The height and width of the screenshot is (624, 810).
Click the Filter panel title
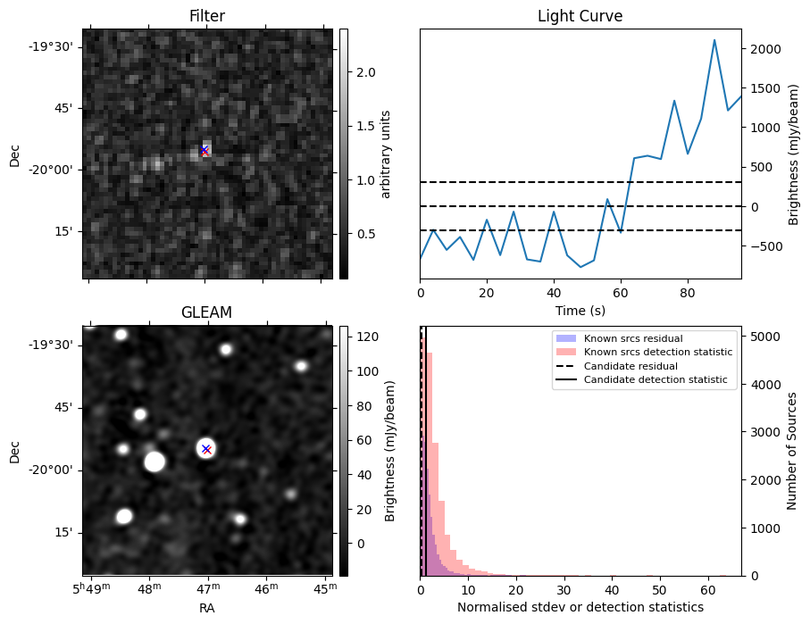point(207,16)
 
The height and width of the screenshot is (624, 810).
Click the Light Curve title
point(580,16)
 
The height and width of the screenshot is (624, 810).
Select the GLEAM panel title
point(206,312)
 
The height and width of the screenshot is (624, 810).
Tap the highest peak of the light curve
point(714,40)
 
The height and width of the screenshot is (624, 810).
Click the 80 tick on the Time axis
point(688,294)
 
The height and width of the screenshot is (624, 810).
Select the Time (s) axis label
point(580,311)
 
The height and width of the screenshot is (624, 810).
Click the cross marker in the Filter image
point(205,150)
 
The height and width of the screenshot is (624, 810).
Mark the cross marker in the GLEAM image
point(206,449)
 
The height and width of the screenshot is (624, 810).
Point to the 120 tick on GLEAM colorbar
point(368,337)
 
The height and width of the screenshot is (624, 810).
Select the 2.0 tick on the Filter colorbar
point(366,72)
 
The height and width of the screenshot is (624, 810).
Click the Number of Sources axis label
point(791,451)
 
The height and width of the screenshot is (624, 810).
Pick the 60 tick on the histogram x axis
point(708,590)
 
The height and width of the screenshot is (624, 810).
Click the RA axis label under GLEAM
point(206,609)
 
